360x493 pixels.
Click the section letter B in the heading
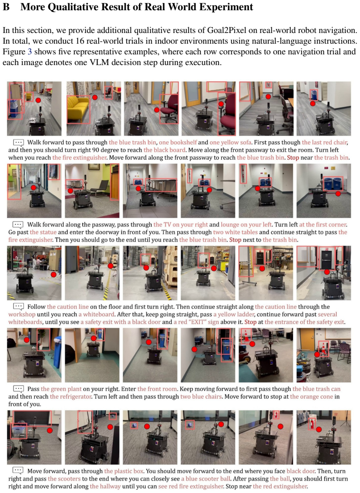pyautogui.click(x=6, y=7)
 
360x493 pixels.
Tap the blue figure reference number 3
pyautogui.click(x=30, y=52)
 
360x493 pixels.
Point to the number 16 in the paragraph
pyautogui.click(x=80, y=41)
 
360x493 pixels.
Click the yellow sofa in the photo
pyautogui.click(x=79, y=109)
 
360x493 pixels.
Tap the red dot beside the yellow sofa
pyautogui.click(x=95, y=98)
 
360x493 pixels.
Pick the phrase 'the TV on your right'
pyautogui.click(x=181, y=225)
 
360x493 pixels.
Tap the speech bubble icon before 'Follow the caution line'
pyautogui.click(x=18, y=307)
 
